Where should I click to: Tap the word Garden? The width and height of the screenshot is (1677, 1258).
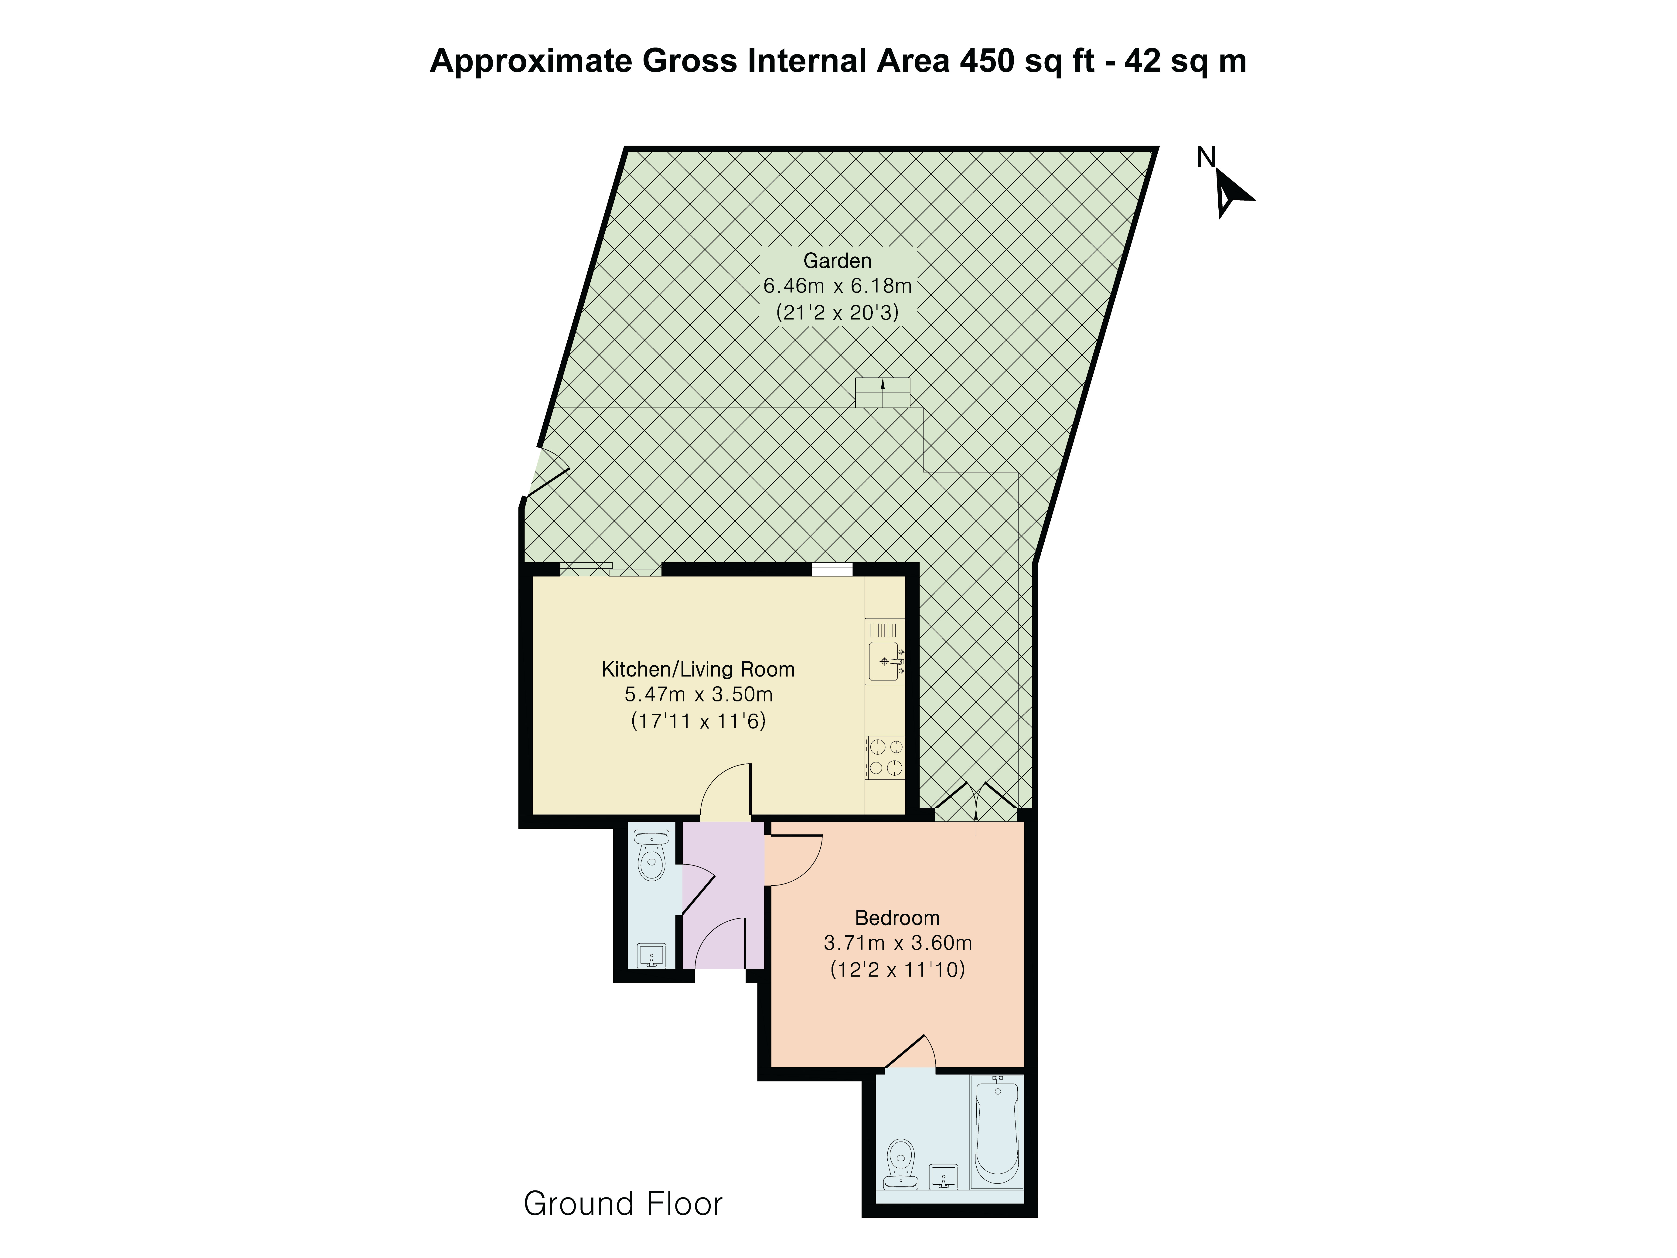pyautogui.click(x=837, y=261)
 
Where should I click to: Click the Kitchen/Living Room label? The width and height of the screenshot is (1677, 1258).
pyautogui.click(x=698, y=669)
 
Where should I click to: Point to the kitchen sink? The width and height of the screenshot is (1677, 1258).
pyautogui.click(x=885, y=661)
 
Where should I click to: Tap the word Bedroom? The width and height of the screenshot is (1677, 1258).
pyautogui.click(x=897, y=918)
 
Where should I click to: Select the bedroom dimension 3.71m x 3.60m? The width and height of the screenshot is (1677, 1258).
pyautogui.click(x=897, y=943)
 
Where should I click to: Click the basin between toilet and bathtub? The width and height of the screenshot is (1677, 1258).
pyautogui.click(x=943, y=1176)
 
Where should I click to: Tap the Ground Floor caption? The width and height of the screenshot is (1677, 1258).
pyautogui.click(x=623, y=1203)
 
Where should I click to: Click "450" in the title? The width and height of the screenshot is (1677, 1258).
pyautogui.click(x=986, y=61)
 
